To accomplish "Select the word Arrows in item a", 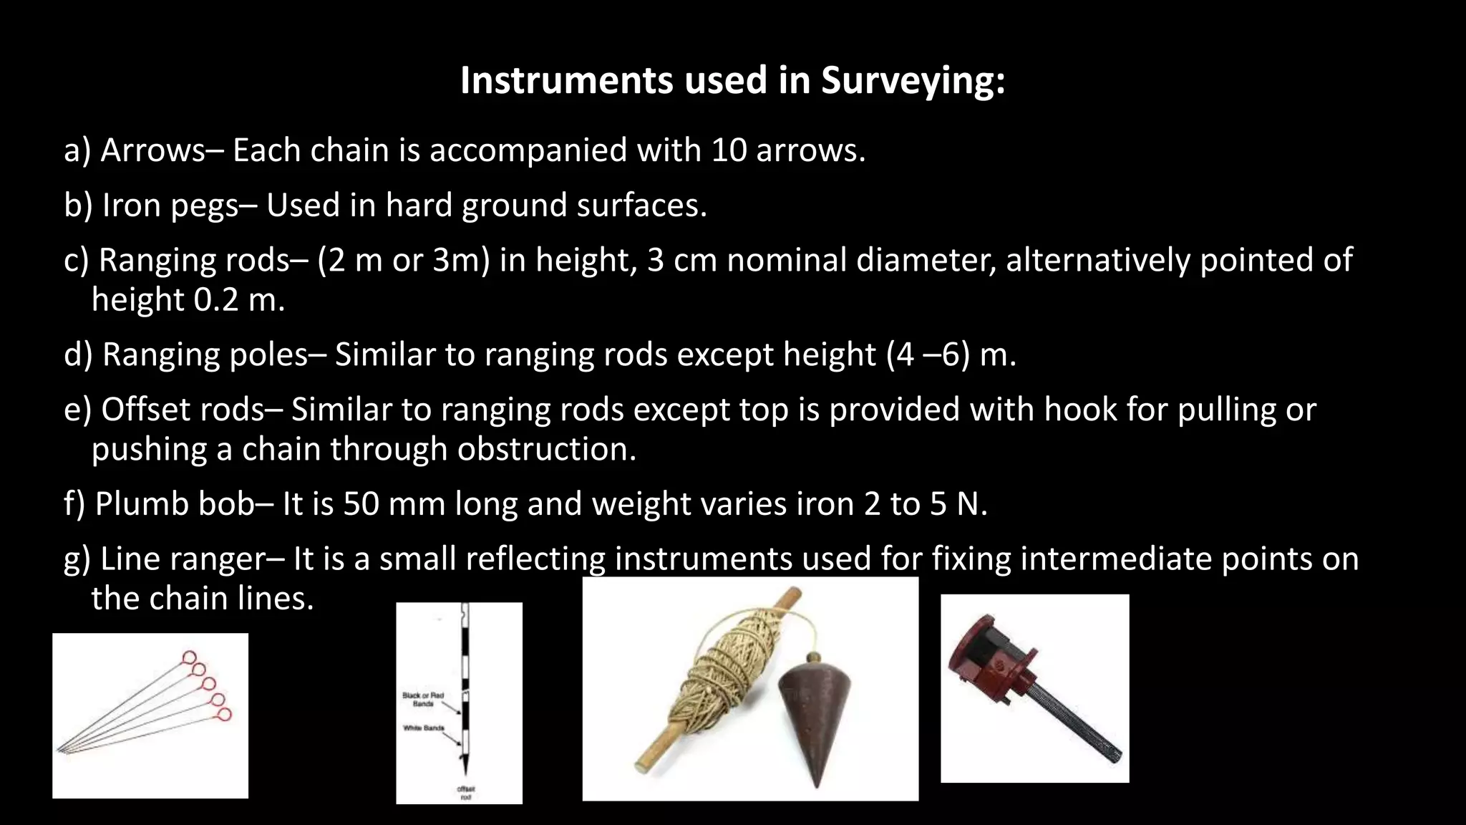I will coord(152,150).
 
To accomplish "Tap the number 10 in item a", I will coord(729,150).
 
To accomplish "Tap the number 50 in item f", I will coord(362,504).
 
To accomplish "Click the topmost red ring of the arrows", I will coord(189,657).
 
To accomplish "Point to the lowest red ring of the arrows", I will coord(224,714).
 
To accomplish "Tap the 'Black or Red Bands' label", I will coord(422,699).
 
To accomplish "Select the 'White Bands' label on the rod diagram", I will coord(423,728).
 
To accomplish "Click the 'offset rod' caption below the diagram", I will coord(466,793).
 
